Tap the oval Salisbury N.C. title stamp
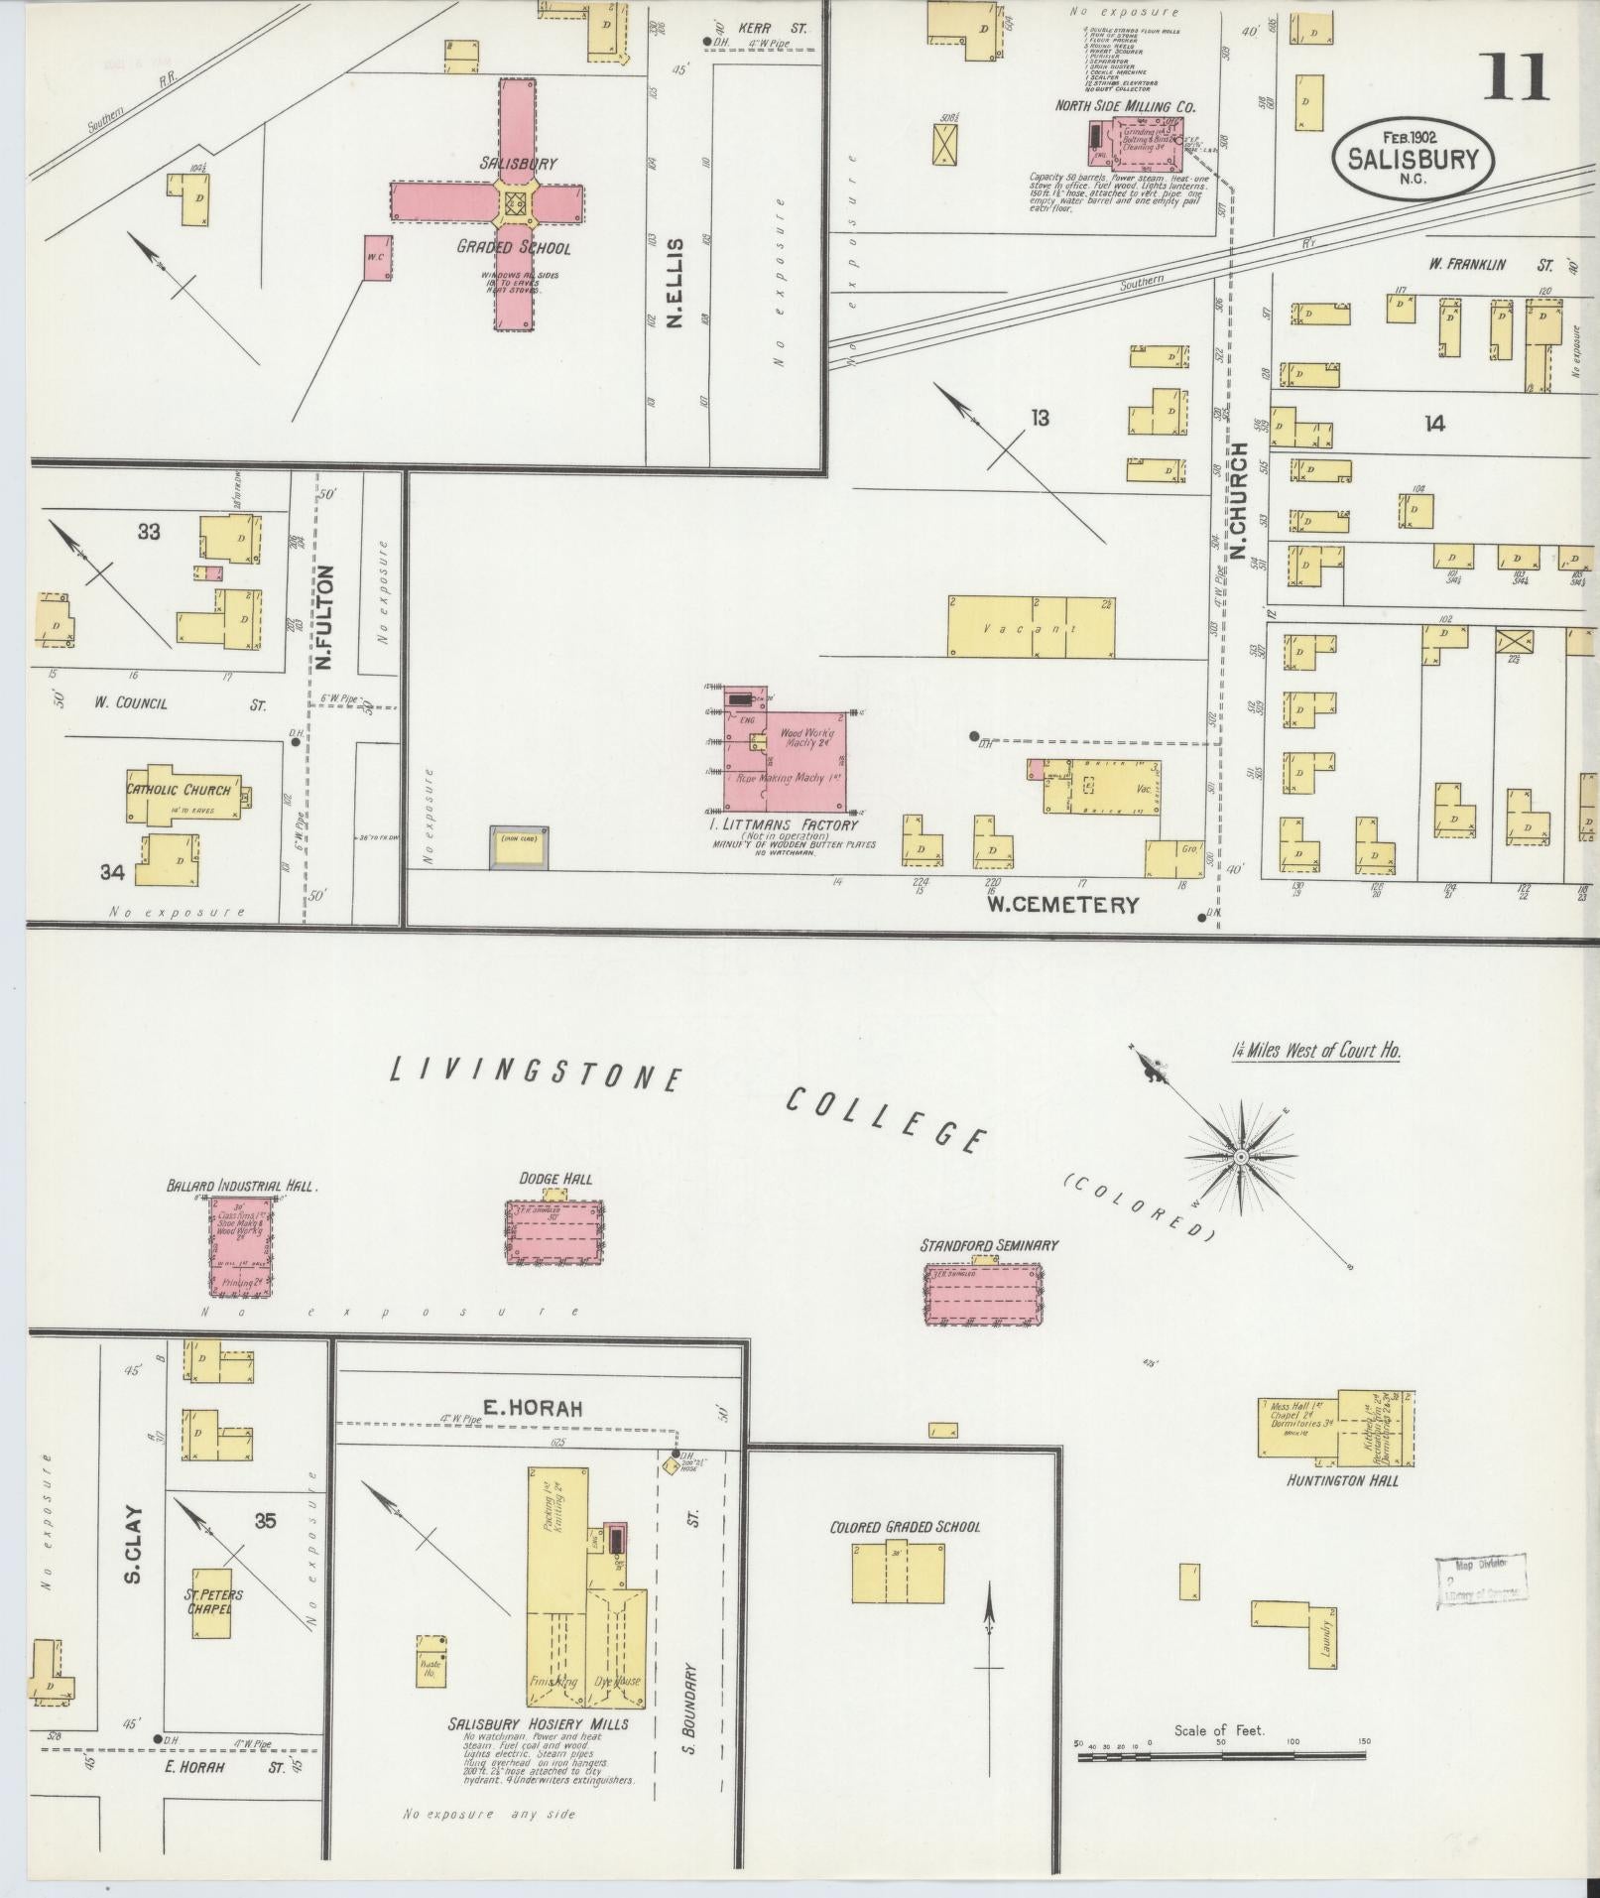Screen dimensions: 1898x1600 1413,158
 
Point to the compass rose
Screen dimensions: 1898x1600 1240,1157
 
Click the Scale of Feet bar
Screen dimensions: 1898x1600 1221,1756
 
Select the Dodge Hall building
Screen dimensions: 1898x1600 554,1230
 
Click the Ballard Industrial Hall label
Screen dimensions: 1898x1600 241,1186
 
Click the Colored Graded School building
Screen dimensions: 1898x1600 898,1572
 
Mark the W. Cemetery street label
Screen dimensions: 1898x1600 1061,904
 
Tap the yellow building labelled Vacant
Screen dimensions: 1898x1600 1030,627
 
